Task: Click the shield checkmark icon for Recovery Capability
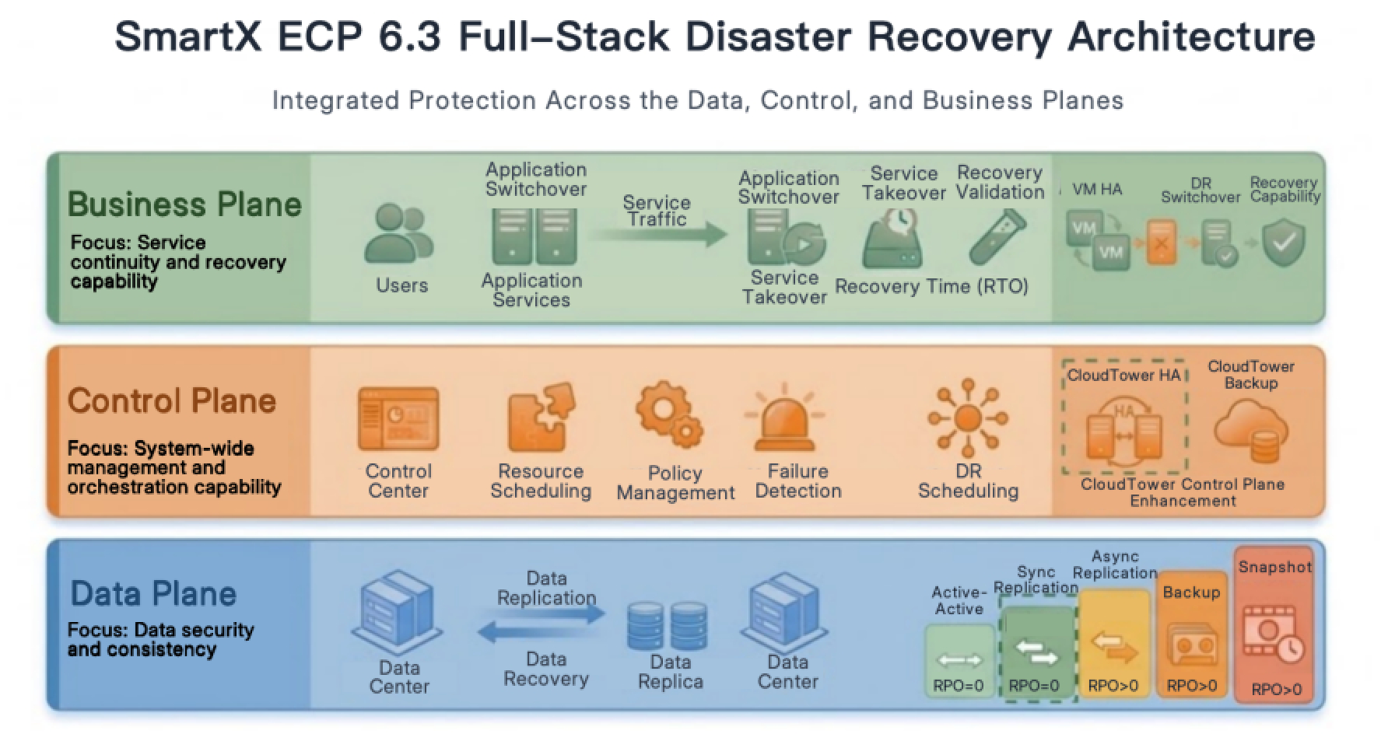click(x=1283, y=243)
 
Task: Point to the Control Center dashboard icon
click(x=398, y=419)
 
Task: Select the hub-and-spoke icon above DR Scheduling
click(x=967, y=418)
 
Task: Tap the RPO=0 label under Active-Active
click(x=959, y=686)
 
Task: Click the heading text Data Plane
click(x=153, y=594)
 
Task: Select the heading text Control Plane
click(x=172, y=401)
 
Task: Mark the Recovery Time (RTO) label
click(x=931, y=286)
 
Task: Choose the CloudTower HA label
click(x=1123, y=376)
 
